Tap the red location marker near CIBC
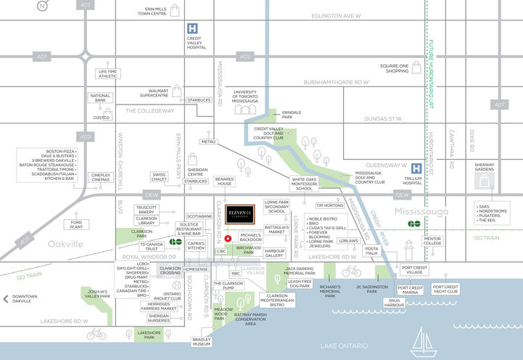(228, 238)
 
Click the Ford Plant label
(76, 224)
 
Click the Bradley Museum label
(201, 342)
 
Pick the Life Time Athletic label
(107, 73)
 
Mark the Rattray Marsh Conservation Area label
(250, 319)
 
